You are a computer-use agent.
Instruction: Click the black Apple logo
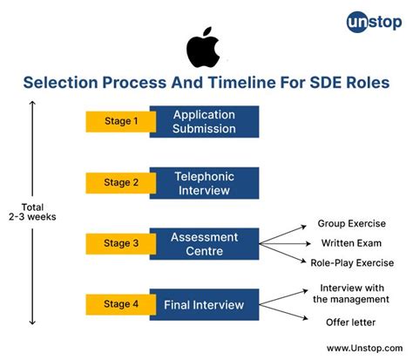click(203, 49)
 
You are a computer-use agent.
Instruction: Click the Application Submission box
click(204, 121)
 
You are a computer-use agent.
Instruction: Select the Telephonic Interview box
click(204, 182)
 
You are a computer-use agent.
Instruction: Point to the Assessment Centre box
click(204, 243)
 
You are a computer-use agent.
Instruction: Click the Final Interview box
click(204, 305)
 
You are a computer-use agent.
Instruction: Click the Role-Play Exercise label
click(353, 262)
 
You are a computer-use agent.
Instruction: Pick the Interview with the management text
click(353, 294)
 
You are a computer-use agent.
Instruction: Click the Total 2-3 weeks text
click(32, 212)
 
